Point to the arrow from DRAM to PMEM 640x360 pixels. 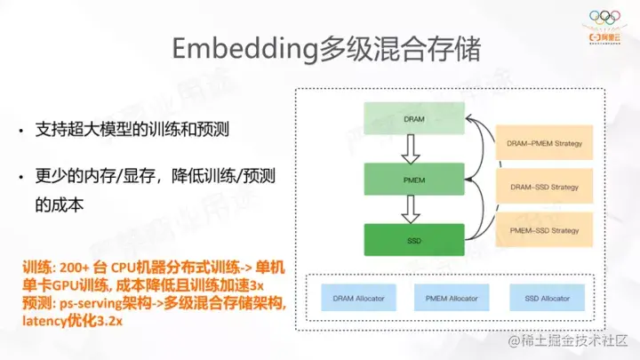pyautogui.click(x=412, y=148)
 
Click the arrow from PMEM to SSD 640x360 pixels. pyautogui.click(x=412, y=209)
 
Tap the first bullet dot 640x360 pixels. pyautogui.click(x=23, y=132)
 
